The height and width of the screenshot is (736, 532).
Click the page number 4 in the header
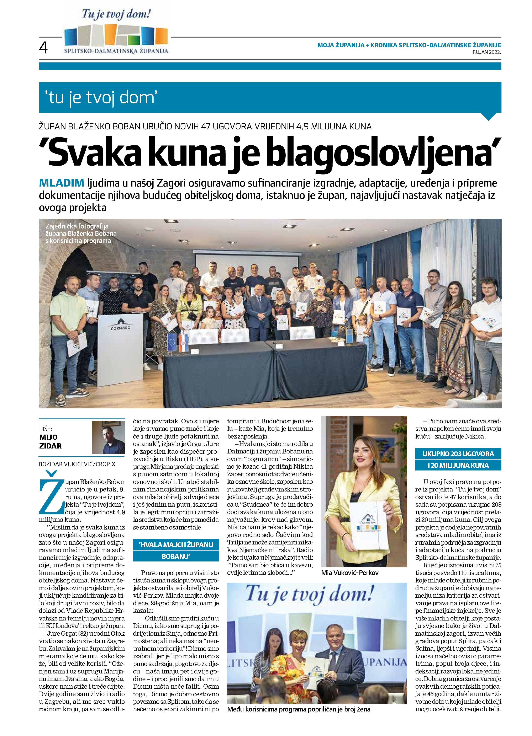coord(43,48)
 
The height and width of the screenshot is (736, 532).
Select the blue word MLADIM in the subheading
coord(61,183)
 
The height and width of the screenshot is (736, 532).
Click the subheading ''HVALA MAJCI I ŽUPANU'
coord(176,544)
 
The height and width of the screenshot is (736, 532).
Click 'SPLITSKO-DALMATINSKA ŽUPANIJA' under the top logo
coord(116,51)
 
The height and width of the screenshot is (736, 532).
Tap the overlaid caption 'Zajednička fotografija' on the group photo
coord(77,226)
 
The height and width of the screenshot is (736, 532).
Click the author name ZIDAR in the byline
coord(50,446)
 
